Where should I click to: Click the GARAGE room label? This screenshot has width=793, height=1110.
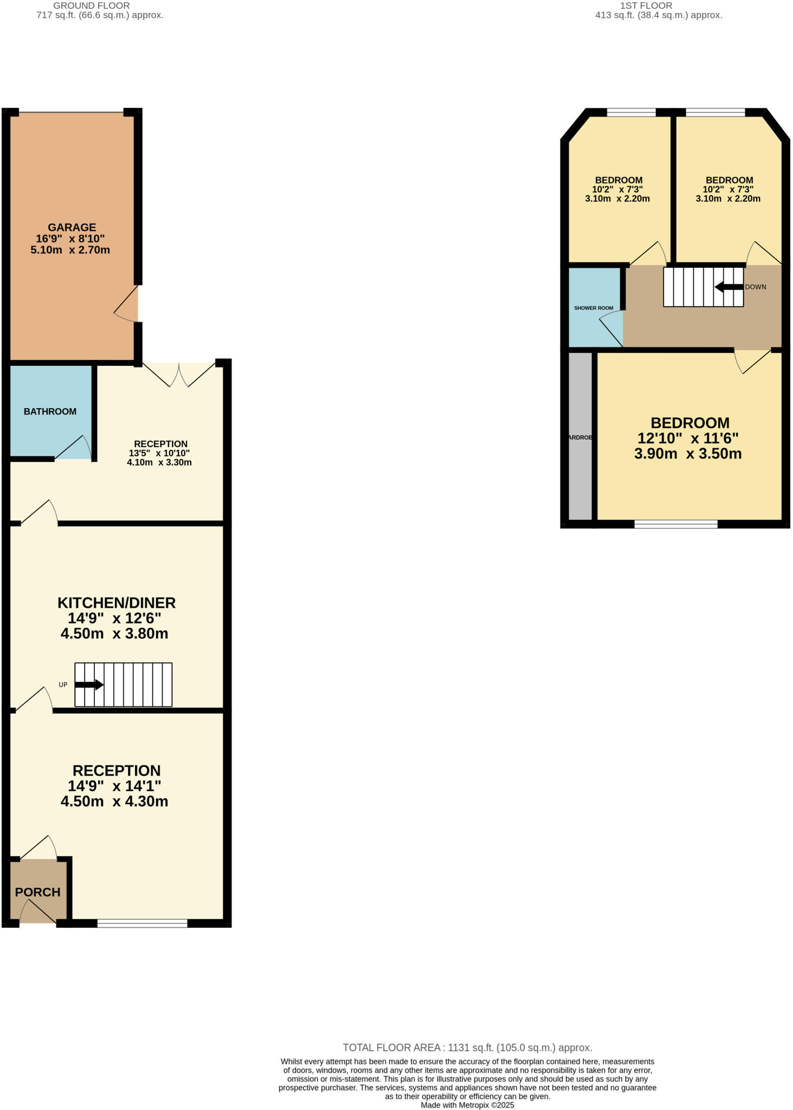(72, 227)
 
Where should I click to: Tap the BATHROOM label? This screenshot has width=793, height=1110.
(50, 411)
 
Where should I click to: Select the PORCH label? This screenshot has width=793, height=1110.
(37, 892)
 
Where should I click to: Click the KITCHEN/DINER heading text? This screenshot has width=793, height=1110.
(117, 603)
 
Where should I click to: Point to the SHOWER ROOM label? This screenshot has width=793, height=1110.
(594, 308)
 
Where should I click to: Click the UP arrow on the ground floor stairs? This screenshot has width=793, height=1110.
(89, 685)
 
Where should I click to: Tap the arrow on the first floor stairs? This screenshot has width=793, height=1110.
(728, 287)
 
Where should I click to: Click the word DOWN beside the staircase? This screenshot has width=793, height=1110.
(755, 287)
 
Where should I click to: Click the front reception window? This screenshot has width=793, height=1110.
(143, 923)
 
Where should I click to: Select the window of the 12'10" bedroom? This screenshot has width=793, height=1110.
(676, 524)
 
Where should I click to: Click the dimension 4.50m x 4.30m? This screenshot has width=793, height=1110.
(114, 801)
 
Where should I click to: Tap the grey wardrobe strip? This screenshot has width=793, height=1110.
(581, 437)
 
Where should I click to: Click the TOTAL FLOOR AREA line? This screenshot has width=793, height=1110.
(467, 1048)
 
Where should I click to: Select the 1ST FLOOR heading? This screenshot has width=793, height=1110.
(646, 5)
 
